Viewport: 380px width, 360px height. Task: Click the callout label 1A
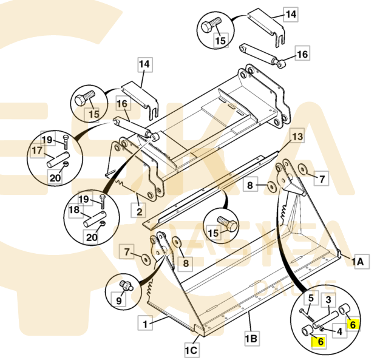(361, 262)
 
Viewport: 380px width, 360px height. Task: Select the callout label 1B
(251, 338)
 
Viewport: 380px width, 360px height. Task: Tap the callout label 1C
(191, 350)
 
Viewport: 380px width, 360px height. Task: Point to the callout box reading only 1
(145, 323)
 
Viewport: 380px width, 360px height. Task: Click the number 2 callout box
(139, 211)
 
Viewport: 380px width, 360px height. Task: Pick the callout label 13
(297, 137)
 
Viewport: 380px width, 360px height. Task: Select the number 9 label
(119, 300)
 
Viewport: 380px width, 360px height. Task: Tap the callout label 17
(37, 151)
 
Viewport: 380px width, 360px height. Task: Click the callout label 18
(74, 209)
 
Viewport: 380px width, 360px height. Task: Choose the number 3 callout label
(328, 300)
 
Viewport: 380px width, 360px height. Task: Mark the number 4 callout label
(340, 331)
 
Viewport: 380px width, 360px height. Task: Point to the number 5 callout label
(311, 298)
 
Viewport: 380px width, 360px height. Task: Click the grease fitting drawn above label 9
(126, 285)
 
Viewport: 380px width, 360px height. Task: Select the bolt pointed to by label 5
(307, 315)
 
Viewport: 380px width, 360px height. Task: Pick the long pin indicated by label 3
(325, 320)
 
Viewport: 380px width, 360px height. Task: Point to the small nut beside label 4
(323, 328)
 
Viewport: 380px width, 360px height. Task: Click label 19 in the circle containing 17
(47, 140)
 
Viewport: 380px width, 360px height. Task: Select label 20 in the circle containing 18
(92, 237)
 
